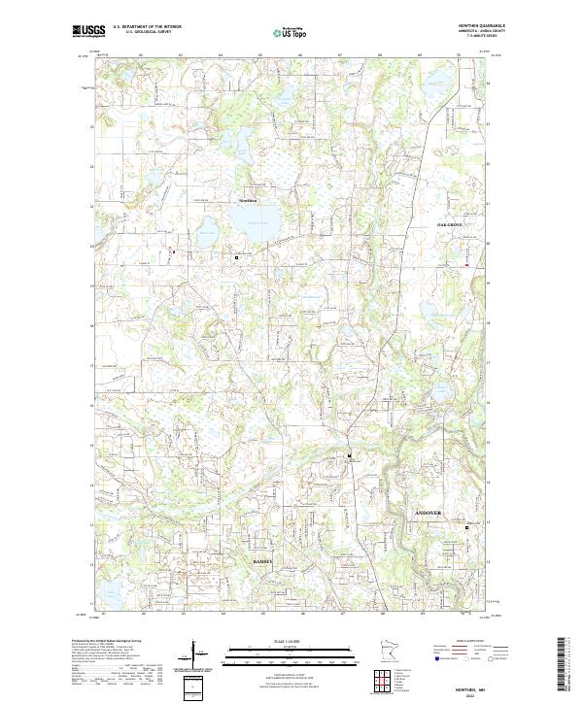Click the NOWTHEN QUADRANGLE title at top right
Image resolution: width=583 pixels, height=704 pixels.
pyautogui.click(x=484, y=26)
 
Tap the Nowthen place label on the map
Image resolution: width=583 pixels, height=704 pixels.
pyautogui.click(x=248, y=200)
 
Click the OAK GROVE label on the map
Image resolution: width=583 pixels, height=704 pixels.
pyautogui.click(x=450, y=224)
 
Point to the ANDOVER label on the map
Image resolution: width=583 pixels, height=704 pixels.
pyautogui.click(x=428, y=512)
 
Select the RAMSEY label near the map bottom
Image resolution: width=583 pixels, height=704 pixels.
pyautogui.click(x=262, y=561)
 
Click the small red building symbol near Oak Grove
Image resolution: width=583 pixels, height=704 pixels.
pyautogui.click(x=467, y=264)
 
